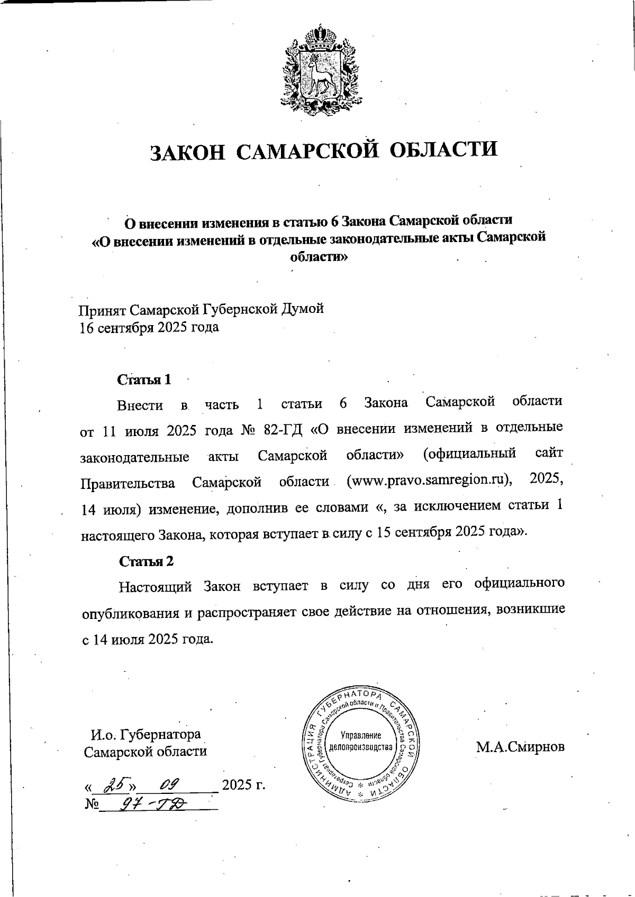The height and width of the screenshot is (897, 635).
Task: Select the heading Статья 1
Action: pyautogui.click(x=144, y=380)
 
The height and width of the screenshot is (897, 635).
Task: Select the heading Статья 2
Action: pyautogui.click(x=146, y=561)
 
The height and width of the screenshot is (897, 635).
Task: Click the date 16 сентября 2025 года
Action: pyautogui.click(x=149, y=328)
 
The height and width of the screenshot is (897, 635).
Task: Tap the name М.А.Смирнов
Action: pyautogui.click(x=520, y=747)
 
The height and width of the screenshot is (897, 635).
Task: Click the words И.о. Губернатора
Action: pyautogui.click(x=146, y=735)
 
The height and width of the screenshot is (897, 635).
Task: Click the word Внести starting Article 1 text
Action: pyautogui.click(x=140, y=405)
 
